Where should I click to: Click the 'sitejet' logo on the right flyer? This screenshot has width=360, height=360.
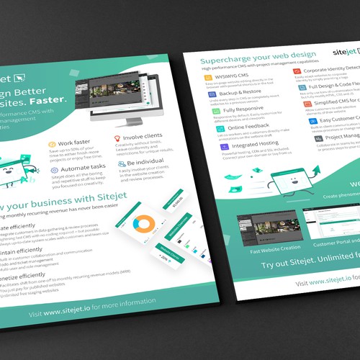pyautogui.click(x=338, y=54)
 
